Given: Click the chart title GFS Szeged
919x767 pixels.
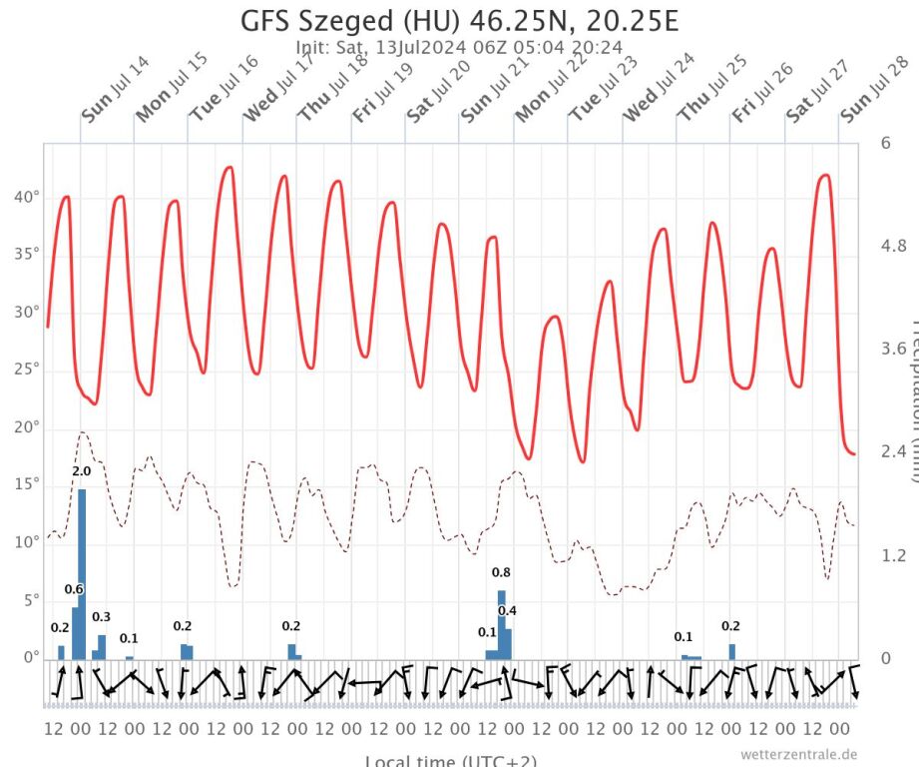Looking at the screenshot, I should click(x=459, y=21).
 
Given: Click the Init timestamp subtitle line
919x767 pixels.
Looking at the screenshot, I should click(x=459, y=46).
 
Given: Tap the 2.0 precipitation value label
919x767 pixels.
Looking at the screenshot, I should click(x=82, y=471).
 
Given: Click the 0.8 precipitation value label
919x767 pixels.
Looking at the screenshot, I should click(x=502, y=572).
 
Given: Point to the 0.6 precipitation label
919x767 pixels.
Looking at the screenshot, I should click(x=73, y=589).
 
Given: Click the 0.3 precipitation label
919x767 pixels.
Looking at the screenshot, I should click(x=101, y=616).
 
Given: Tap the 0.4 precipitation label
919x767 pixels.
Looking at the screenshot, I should click(x=507, y=610).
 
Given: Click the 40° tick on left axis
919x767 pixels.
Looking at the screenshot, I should click(x=27, y=198).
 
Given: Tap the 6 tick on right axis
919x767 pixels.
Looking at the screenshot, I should click(x=885, y=143).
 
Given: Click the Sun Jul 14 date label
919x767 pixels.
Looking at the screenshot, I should click(x=116, y=89).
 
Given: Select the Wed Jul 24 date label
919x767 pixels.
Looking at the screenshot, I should click(x=658, y=89).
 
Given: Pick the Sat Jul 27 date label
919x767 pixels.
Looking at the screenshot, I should click(x=819, y=89).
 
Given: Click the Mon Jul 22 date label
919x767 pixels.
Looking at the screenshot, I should click(x=550, y=89).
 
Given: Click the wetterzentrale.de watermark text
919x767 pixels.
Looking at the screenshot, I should click(x=798, y=754).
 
